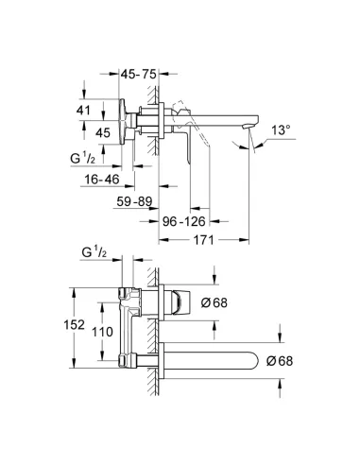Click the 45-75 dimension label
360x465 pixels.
coord(139,75)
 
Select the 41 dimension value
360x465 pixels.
coord(83,110)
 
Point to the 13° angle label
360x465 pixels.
coord(281,129)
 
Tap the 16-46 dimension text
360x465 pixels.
coord(102,180)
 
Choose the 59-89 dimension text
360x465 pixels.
coord(134,201)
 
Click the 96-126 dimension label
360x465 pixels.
coord(184,221)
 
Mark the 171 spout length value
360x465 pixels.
coord(203,240)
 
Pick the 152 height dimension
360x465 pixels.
coord(75,324)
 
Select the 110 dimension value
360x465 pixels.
coord(102,332)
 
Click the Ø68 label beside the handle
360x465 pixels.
coord(214,302)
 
